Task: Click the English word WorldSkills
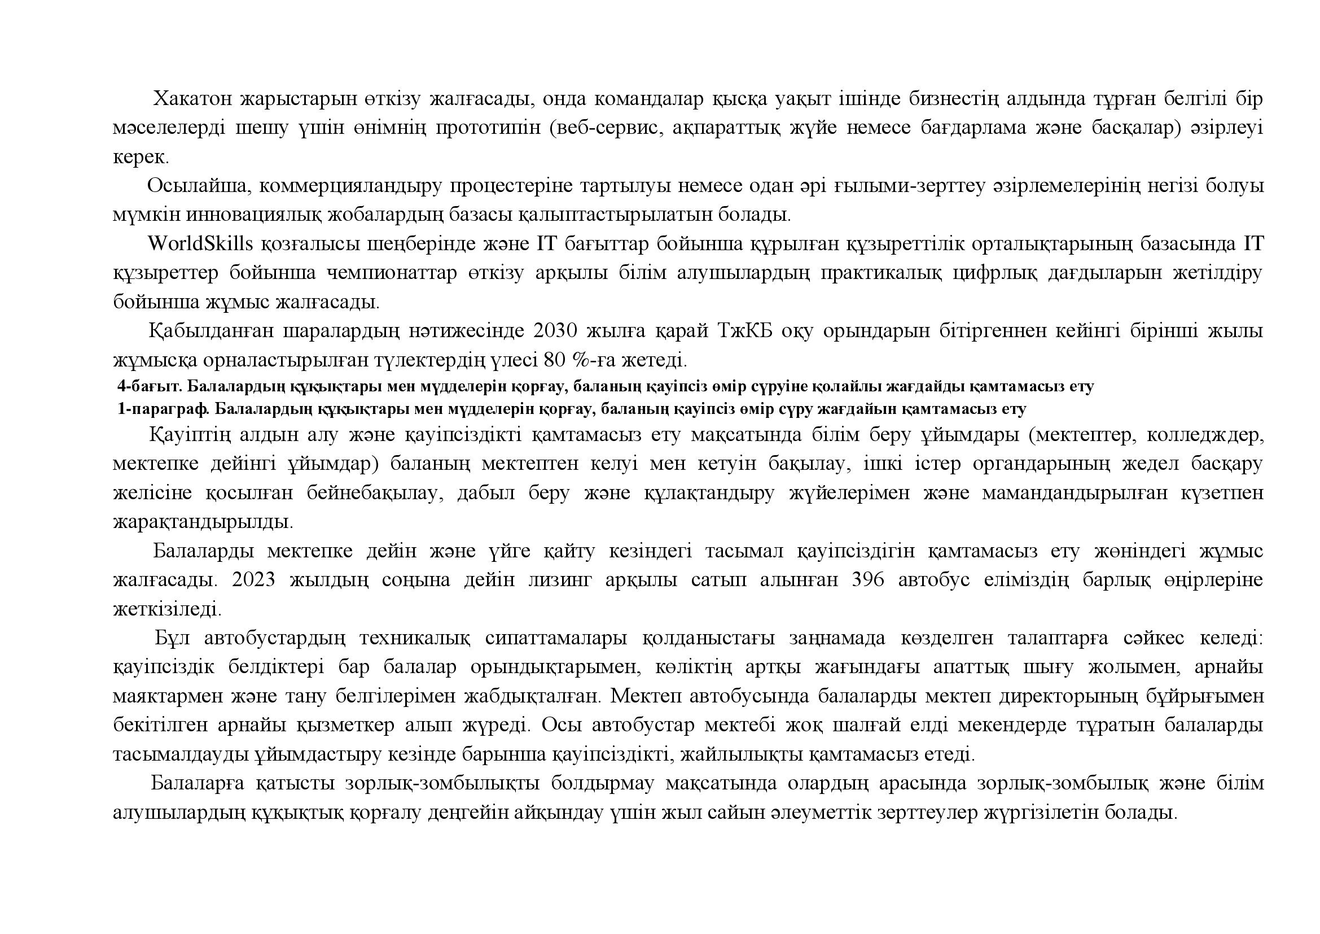tap(200, 244)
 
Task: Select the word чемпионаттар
tap(392, 273)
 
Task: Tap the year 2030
tap(555, 332)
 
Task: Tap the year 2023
tap(253, 581)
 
